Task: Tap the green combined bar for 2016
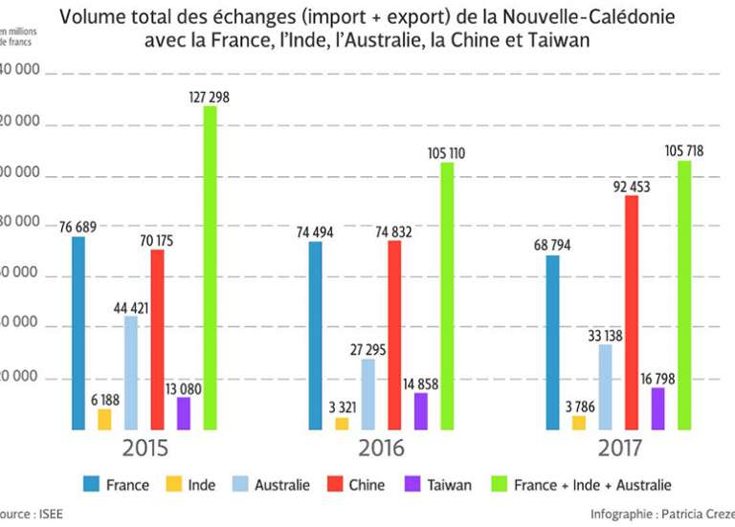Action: pyautogui.click(x=447, y=296)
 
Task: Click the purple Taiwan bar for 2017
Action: pyautogui.click(x=657, y=408)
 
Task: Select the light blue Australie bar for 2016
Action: pyautogui.click(x=368, y=394)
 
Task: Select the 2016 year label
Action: pyautogui.click(x=381, y=449)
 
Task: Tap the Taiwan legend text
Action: pyautogui.click(x=450, y=485)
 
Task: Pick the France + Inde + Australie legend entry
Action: pyautogui.click(x=592, y=485)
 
